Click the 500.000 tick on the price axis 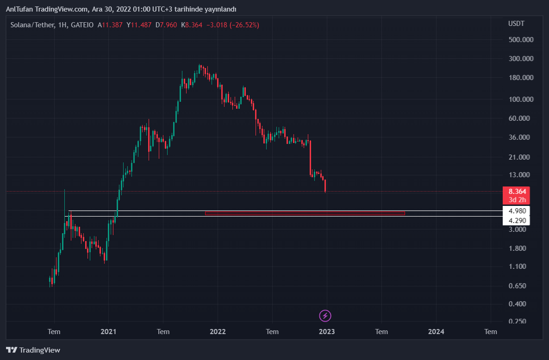tap(521, 40)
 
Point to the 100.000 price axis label tap(521, 99)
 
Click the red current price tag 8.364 tap(517, 192)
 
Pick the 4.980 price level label tap(517, 211)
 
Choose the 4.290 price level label tap(517, 221)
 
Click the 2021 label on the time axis tap(108, 332)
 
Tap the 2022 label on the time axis tap(218, 332)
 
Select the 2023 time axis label tap(327, 332)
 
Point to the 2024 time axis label tap(436, 332)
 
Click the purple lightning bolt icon tap(325, 316)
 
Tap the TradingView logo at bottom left tap(33, 350)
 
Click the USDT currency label tap(517, 24)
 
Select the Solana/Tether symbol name tap(32, 25)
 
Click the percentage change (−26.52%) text tap(244, 25)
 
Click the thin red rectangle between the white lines tap(305, 213)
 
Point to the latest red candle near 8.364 tap(326, 186)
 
